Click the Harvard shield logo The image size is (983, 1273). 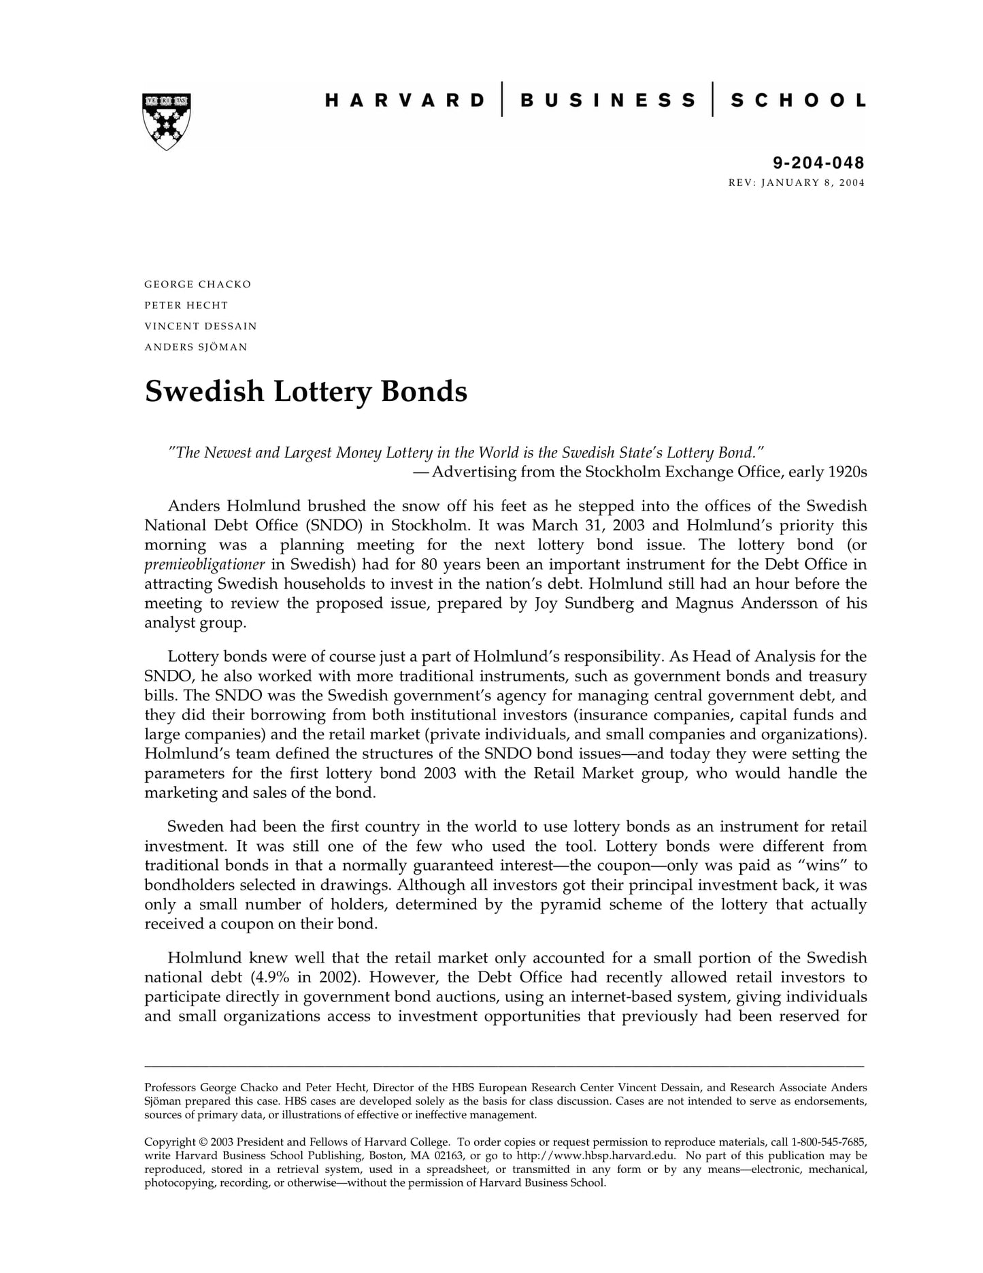click(x=167, y=120)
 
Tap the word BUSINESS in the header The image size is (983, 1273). click(x=607, y=101)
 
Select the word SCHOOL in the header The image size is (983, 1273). click(x=797, y=101)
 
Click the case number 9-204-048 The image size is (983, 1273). click(x=818, y=163)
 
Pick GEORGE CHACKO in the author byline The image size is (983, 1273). click(x=197, y=284)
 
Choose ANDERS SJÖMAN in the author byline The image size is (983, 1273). click(x=196, y=347)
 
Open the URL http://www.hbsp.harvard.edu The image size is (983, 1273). click(x=596, y=1155)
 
